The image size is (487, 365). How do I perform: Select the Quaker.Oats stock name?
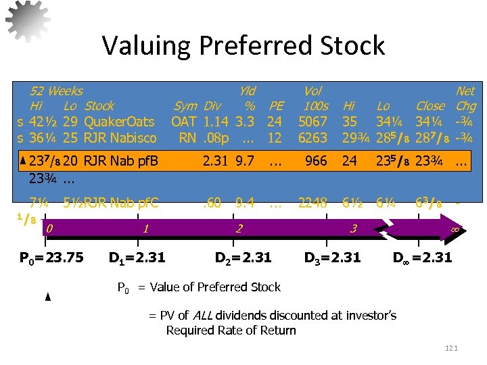pos(120,122)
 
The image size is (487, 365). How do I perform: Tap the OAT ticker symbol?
pos(183,122)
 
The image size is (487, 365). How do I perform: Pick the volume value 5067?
pos(312,122)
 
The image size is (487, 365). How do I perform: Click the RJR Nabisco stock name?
pos(120,138)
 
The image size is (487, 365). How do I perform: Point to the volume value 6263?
pos(312,138)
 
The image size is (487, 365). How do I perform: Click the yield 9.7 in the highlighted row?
pos(245,161)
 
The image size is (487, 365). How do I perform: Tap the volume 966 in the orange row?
pos(316,161)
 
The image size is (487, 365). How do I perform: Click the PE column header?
pos(276,106)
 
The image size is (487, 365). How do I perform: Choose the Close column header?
pos(430,106)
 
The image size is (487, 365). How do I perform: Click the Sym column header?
pos(185,106)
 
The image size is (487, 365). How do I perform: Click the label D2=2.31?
pos(243,258)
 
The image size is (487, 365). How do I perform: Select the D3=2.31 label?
pos(332,258)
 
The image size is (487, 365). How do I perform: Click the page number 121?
pos(451,347)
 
